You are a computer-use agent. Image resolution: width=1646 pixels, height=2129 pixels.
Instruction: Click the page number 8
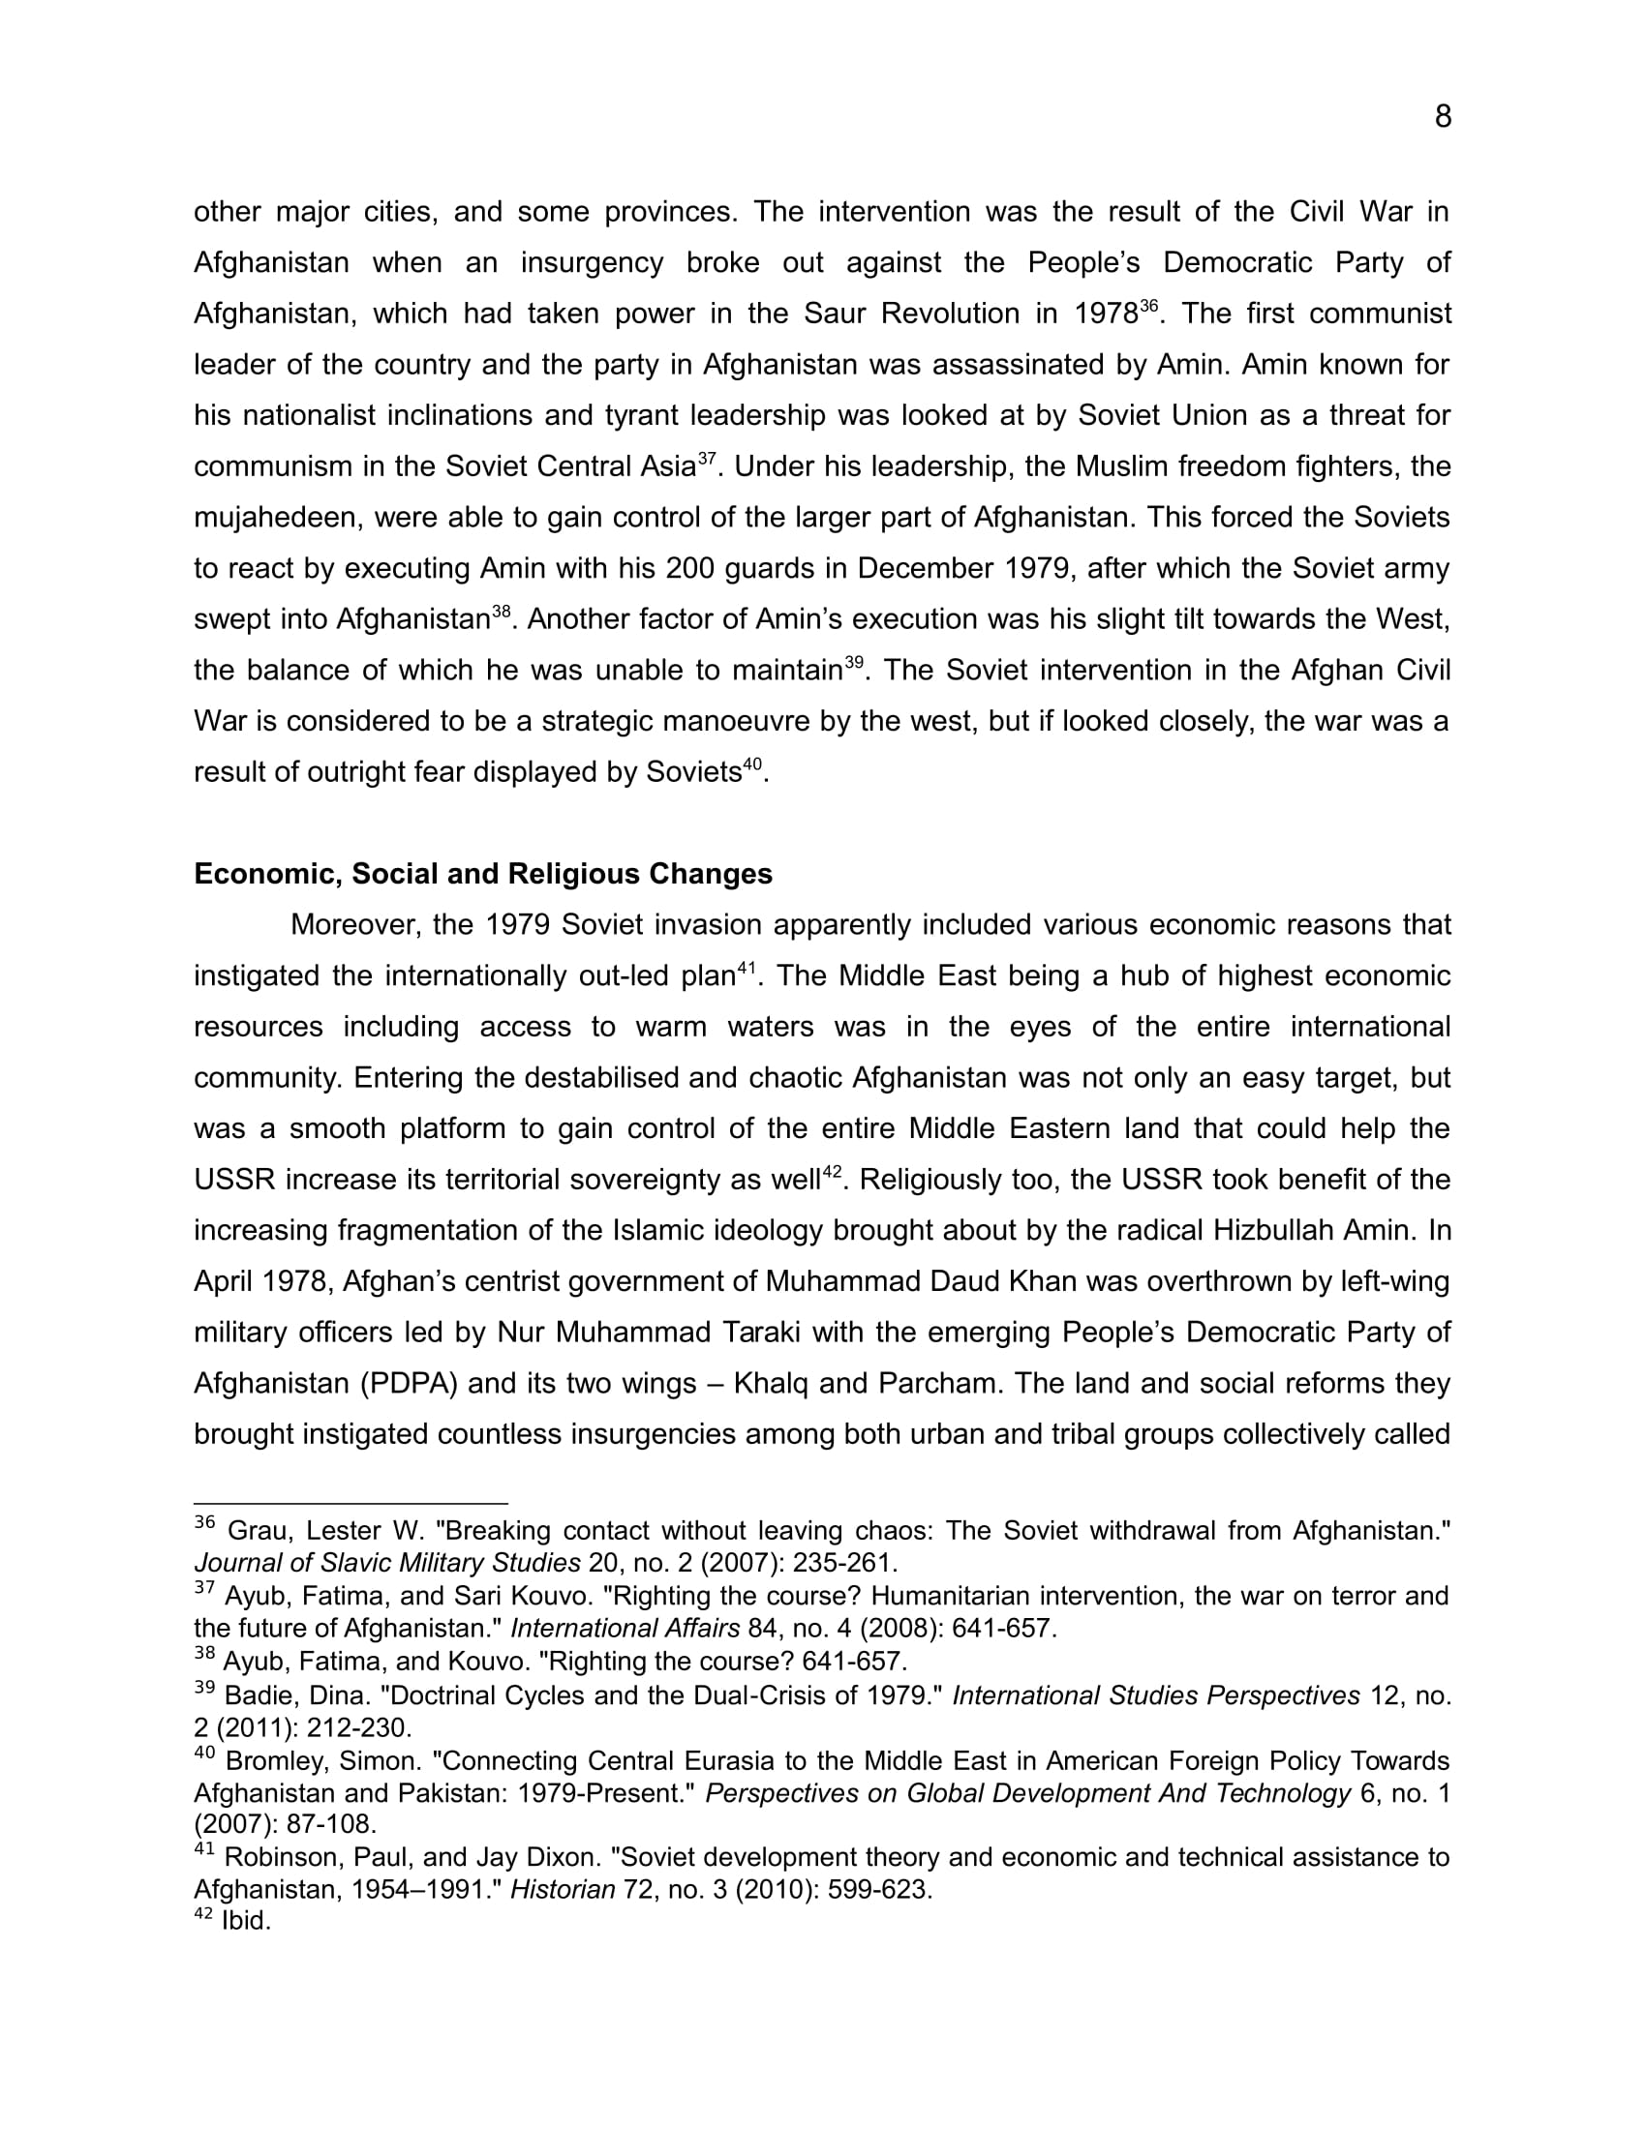1443,117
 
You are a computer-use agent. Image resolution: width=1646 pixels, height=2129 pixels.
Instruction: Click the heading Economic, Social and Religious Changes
483,874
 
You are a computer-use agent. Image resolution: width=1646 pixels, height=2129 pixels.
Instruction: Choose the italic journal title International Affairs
625,1628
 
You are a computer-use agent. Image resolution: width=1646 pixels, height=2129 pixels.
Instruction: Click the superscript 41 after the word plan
746,968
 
